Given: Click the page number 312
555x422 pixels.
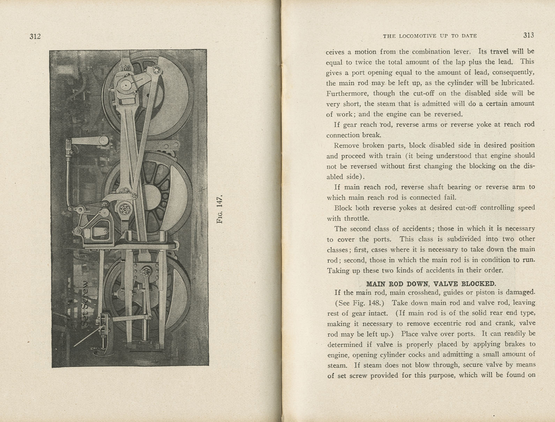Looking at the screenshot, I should tap(35, 36).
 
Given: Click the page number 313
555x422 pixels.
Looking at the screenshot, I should tap(528, 35).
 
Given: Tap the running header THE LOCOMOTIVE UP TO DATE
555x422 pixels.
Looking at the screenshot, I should tap(430, 36).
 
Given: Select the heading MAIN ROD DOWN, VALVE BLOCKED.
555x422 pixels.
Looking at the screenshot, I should tap(431, 284).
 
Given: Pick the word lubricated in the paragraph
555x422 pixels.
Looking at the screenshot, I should tap(517, 83).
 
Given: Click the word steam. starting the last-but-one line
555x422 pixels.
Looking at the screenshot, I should tap(337, 365).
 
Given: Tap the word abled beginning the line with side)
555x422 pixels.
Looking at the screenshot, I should tap(335, 176).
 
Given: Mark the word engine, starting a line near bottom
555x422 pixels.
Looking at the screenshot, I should tap(338, 355).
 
